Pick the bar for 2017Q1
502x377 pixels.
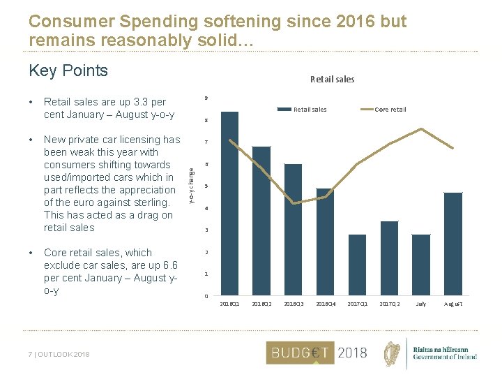357,265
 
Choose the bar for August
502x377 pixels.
453,244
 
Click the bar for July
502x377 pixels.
421,265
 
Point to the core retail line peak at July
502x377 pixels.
421,128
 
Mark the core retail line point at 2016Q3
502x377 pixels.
294,203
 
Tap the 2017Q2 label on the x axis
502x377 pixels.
389,304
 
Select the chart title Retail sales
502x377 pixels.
332,80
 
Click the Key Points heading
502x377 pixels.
68,71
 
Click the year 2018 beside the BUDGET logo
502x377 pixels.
351,353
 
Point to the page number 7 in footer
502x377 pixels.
30,355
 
